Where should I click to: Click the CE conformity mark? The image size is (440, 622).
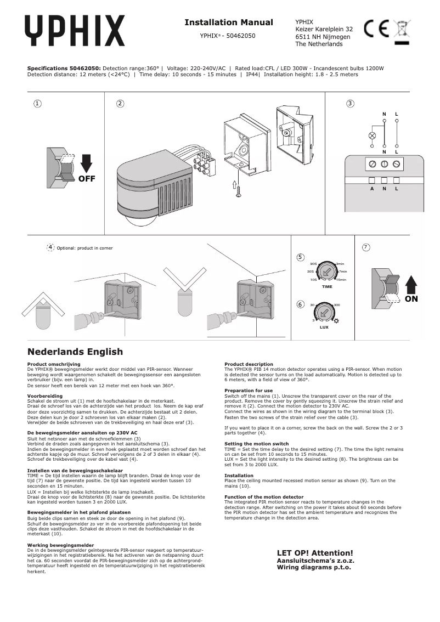[377, 29]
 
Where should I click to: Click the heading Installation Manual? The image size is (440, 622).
[228, 22]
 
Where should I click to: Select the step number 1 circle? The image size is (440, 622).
[37, 103]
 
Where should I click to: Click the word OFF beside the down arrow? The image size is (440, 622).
[86, 179]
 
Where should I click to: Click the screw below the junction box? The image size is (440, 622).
[238, 190]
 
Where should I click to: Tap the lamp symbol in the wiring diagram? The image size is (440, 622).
[371, 135]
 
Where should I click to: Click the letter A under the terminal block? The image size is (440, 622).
[371, 189]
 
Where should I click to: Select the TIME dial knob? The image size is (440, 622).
[327, 271]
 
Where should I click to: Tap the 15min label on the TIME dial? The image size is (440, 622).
[341, 280]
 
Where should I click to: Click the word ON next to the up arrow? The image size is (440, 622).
[411, 299]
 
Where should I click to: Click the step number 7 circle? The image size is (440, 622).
[366, 247]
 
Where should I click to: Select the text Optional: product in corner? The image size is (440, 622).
[84, 248]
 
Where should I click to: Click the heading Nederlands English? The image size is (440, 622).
[75, 352]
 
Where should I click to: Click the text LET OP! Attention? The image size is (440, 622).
[315, 553]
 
